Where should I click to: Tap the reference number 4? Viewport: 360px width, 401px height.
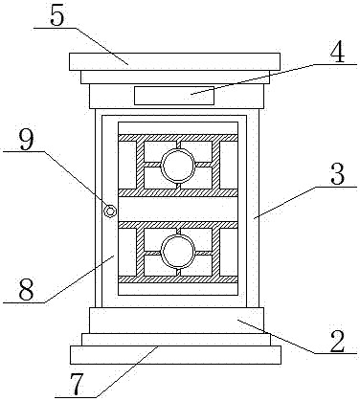coord(337,51)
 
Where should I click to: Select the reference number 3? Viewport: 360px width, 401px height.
coord(338,174)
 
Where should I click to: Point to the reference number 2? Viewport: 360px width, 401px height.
coord(337,341)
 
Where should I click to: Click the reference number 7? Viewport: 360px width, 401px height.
coord(77,384)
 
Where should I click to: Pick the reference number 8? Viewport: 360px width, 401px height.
coord(26,290)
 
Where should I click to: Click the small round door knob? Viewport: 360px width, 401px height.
coord(110,211)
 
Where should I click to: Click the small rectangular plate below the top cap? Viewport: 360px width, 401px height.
coord(174,95)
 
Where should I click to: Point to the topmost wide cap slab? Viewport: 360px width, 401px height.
coord(174,61)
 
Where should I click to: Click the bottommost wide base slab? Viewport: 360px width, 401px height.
coord(175,355)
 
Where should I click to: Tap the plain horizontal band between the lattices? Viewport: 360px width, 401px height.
coord(178,209)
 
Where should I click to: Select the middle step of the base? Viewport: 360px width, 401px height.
coord(176,340)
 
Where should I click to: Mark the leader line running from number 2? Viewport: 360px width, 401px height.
coord(297,337)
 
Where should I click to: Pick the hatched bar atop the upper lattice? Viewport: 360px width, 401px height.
coord(178,138)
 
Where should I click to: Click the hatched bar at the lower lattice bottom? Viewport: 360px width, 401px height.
coord(178,279)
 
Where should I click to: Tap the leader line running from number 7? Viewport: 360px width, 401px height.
coord(106,372)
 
